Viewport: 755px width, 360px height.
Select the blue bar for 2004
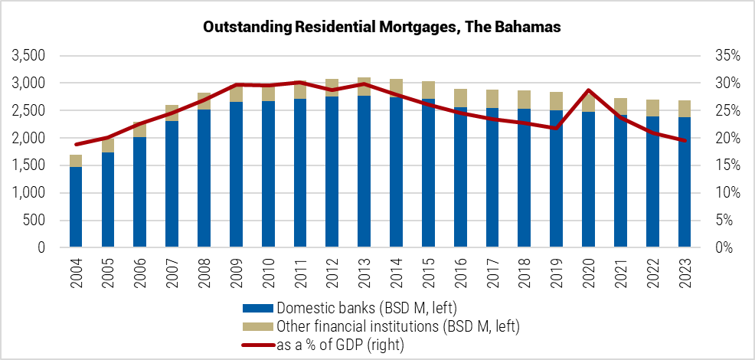click(76, 207)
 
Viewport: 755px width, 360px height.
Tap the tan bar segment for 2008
click(204, 101)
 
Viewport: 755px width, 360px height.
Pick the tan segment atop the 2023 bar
click(685, 109)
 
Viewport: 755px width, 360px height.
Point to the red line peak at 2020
click(588, 90)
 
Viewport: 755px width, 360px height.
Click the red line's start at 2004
click(76, 144)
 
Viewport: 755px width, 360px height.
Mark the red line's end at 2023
click(685, 140)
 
